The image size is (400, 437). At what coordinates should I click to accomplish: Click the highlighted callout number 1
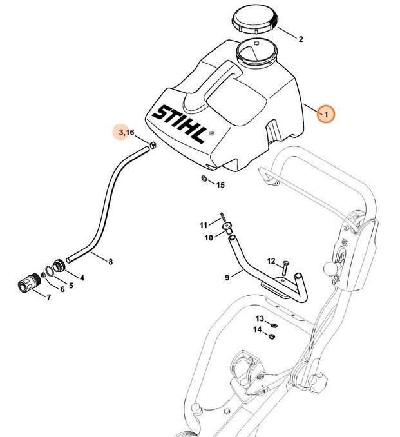327,115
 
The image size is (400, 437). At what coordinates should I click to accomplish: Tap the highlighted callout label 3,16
123,133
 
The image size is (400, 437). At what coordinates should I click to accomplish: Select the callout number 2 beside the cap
301,39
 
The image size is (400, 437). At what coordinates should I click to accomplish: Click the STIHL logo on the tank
182,122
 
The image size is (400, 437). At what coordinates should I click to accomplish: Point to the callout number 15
220,186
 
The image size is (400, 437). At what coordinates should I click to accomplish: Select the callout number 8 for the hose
110,262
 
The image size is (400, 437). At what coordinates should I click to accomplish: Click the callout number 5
71,285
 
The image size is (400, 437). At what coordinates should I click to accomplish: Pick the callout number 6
62,289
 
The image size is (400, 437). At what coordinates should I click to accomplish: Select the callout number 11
204,225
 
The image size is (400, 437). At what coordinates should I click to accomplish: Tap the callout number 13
259,319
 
